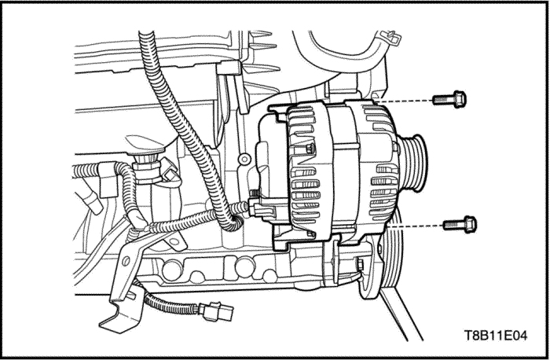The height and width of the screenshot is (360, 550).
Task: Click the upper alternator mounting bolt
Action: click(449, 99)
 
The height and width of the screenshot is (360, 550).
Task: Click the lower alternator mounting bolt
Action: click(460, 225)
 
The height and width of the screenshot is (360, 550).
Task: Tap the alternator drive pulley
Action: click(414, 163)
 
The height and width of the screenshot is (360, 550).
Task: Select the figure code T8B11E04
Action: click(496, 336)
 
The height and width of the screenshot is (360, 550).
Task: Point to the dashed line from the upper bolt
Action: click(403, 101)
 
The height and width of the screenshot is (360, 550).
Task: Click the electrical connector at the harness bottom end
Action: click(216, 311)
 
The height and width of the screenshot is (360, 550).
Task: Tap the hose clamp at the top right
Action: click(390, 37)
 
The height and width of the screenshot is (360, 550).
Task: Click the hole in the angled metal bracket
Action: click(125, 261)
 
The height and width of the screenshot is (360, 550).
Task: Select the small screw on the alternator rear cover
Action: click(310, 149)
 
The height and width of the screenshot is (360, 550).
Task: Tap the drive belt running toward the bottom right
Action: click(401, 314)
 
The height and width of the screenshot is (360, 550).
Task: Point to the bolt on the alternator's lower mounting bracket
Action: click(359, 264)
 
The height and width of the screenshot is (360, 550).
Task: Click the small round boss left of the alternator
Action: click(244, 159)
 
